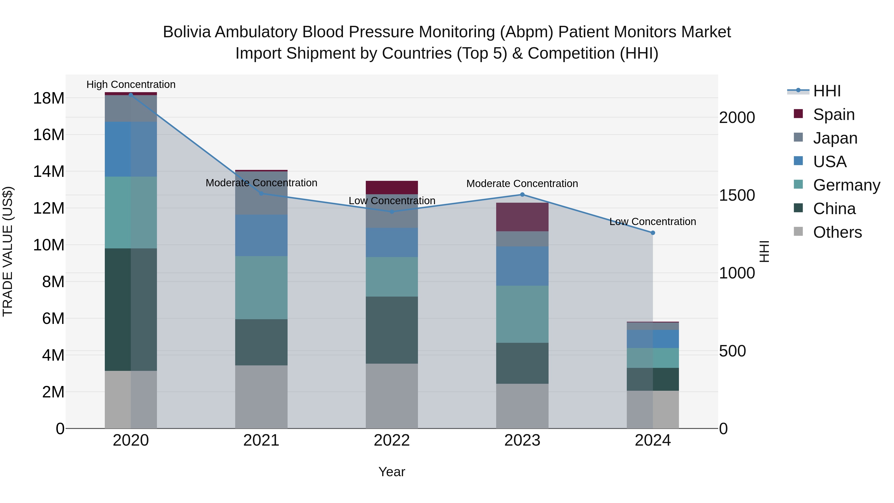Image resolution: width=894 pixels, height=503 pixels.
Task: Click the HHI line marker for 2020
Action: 131,95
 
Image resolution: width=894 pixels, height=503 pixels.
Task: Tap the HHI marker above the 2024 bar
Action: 653,233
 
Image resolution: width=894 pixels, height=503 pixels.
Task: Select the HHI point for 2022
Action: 392,212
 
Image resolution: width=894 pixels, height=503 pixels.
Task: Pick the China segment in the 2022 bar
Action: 392,330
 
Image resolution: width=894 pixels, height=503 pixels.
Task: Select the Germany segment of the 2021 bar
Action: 261,288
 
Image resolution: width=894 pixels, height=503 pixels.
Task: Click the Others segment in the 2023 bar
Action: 522,406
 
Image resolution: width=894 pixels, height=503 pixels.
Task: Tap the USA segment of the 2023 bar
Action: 522,266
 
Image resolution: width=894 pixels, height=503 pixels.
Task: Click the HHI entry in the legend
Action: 827,91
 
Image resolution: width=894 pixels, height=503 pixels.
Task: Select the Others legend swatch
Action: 798,232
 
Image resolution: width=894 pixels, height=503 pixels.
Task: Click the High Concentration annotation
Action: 131,85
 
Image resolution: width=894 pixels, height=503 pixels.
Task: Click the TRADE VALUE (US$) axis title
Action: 8,251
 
